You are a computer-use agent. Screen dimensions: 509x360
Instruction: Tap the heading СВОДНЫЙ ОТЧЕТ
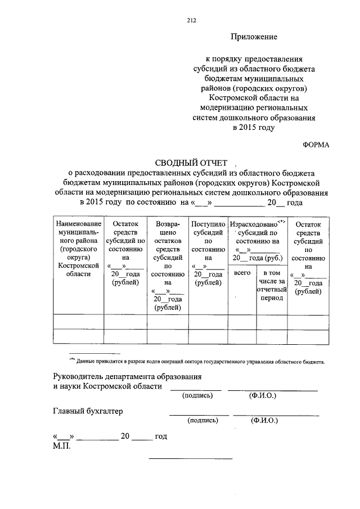(x=191, y=163)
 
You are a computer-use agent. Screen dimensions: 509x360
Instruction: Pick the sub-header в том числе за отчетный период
(x=272, y=285)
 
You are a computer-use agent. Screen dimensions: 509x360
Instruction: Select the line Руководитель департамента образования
(x=127, y=376)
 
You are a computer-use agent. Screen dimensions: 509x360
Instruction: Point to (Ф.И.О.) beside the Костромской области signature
(x=263, y=395)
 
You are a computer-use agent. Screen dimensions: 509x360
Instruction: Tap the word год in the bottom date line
(x=160, y=436)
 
